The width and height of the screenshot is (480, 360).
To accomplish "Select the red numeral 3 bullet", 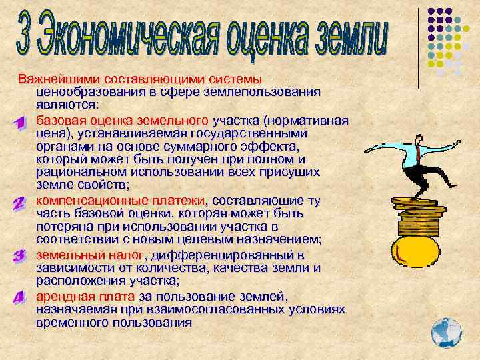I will click(x=19, y=256).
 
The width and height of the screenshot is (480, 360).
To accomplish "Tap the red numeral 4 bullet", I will click(x=19, y=298).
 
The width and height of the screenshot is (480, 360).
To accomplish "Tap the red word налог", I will click(x=127, y=255).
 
